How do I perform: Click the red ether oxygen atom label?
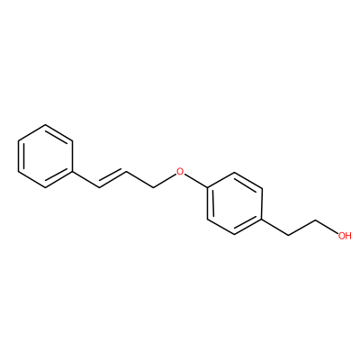pos(180,172)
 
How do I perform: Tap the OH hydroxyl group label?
pos(345,236)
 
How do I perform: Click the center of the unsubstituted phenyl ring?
pos(45,157)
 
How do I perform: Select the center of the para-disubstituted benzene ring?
pos(235,203)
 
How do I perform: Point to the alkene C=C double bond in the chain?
pos(112,179)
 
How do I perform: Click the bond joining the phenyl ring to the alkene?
pos(86,180)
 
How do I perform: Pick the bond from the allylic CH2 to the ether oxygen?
pos(165,181)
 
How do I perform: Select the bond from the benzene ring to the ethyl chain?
pos(275,228)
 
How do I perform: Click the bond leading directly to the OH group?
pos(327,226)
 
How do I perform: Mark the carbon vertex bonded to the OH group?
pos(317,220)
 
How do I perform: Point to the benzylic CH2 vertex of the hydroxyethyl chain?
pos(289,236)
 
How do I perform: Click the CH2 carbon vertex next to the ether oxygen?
pos(154,188)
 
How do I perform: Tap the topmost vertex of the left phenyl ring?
pos(45,125)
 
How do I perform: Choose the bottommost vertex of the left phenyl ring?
pos(45,188)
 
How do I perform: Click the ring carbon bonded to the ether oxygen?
pos(208,188)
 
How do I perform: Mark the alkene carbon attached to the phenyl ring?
pos(100,188)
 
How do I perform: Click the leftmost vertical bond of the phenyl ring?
pos(18,157)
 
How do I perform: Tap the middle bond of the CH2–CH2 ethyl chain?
pos(303,228)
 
